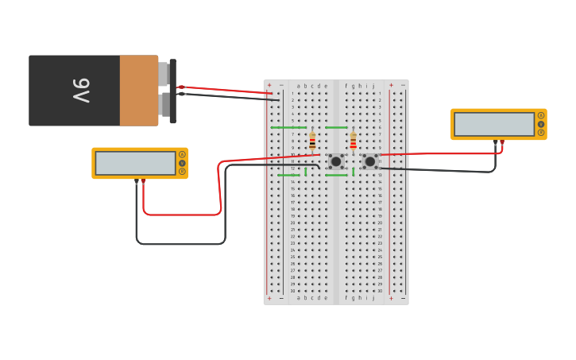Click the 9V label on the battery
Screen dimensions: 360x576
(x=81, y=91)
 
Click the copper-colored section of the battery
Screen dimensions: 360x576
(x=139, y=91)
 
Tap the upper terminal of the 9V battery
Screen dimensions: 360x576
(x=164, y=74)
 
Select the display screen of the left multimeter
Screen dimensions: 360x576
(x=135, y=163)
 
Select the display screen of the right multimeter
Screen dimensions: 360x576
(x=494, y=124)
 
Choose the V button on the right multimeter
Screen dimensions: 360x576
(x=541, y=124)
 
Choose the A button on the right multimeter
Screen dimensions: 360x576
(x=541, y=115)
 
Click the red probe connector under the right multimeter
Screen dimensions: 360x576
(x=502, y=143)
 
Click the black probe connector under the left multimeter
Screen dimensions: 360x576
(x=137, y=182)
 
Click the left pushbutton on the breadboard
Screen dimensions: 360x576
(x=336, y=161)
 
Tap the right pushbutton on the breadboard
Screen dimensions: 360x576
(x=370, y=161)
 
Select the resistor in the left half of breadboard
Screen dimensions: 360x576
(x=312, y=141)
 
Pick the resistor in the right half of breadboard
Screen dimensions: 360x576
(x=354, y=141)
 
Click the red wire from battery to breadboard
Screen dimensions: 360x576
(x=230, y=90)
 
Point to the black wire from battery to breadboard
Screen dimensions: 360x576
(x=230, y=97)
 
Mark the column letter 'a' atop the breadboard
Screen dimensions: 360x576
(x=299, y=86)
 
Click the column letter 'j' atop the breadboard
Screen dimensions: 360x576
(x=373, y=86)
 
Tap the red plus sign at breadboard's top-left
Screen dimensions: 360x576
(x=269, y=85)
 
